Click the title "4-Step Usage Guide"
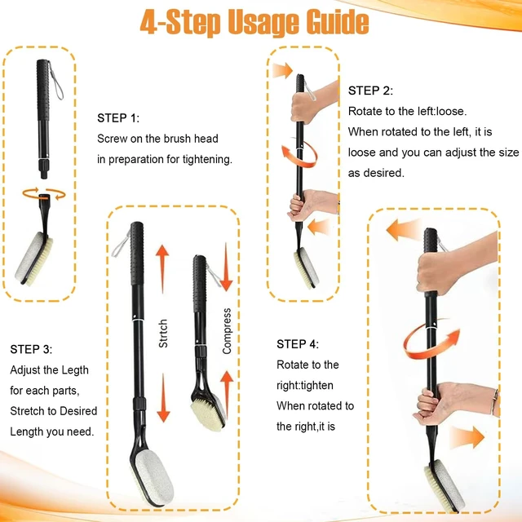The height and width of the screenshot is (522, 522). (254, 23)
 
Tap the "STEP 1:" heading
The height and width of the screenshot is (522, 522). (118, 118)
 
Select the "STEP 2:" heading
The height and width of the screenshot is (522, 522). (370, 91)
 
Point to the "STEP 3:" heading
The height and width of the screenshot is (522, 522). (31, 349)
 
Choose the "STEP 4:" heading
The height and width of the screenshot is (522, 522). (298, 344)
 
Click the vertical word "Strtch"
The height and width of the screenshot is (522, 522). (163, 334)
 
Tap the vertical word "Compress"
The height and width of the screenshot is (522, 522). (227, 331)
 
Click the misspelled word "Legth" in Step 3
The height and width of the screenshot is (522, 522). (74, 370)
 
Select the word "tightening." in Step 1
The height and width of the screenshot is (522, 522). (207, 160)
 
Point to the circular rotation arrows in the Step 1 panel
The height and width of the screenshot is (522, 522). (44, 194)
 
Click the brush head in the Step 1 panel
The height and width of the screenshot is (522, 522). (33, 259)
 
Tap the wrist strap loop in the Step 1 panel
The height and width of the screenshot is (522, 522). (55, 81)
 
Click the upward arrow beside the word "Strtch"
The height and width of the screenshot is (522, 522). (162, 269)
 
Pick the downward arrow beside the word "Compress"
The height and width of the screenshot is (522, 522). (226, 267)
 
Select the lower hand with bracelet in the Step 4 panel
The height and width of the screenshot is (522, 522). (456, 403)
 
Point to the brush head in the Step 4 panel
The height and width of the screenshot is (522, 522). (445, 484)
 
